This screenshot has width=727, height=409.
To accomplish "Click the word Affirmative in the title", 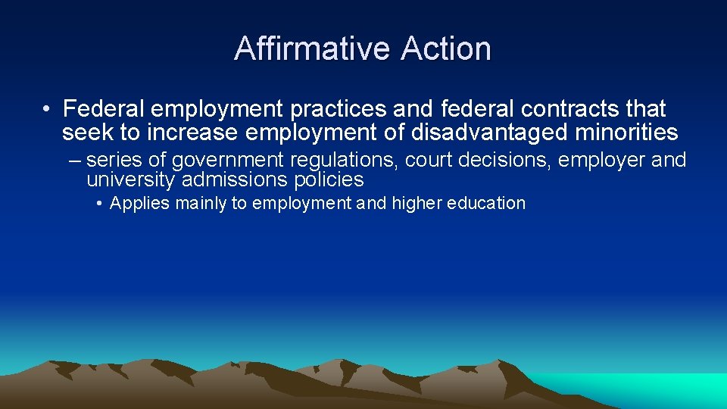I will [x=314, y=49].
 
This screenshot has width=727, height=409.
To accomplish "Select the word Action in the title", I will [x=447, y=49].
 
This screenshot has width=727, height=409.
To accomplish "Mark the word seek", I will [x=86, y=133].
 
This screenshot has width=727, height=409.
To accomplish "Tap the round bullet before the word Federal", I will [x=47, y=110].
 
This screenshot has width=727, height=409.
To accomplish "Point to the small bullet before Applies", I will [x=101, y=204].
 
